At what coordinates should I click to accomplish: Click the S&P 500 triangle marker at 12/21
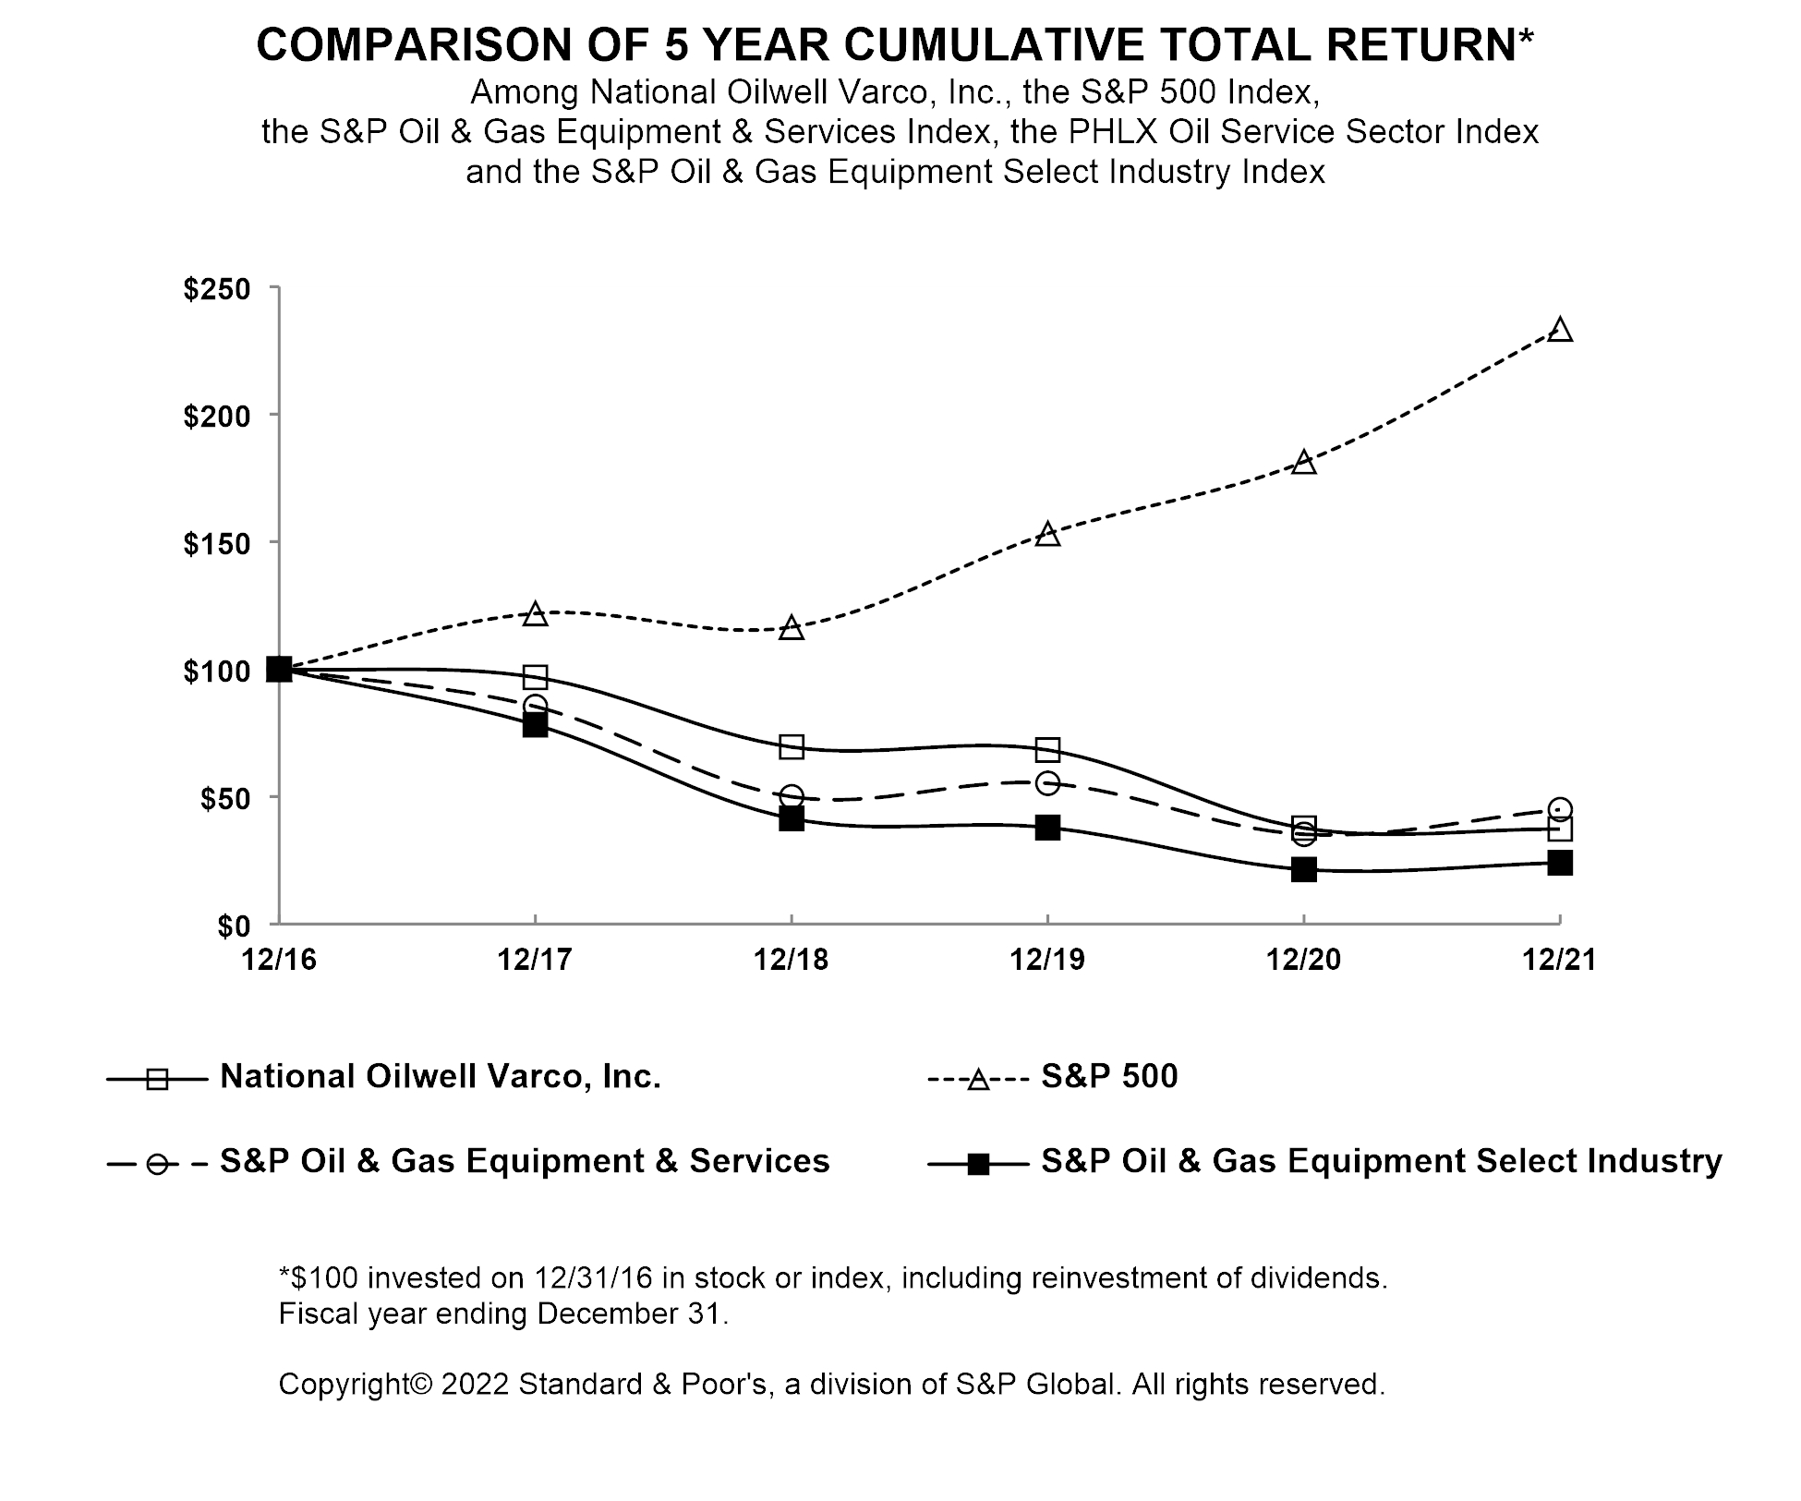click(x=1560, y=331)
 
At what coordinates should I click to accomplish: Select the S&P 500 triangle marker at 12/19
click(x=1047, y=535)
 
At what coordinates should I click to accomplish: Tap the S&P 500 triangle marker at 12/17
click(x=536, y=614)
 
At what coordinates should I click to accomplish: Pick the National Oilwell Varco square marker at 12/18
click(x=792, y=746)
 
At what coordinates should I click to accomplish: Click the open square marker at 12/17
click(x=536, y=677)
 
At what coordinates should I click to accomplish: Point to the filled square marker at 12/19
click(x=1047, y=827)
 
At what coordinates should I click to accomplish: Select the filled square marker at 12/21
click(x=1560, y=863)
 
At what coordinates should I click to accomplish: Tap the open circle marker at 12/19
click(x=1047, y=783)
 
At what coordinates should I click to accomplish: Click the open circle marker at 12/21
click(x=1560, y=809)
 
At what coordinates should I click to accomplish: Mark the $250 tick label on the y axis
click(x=217, y=290)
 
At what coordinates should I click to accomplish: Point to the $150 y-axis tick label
click(x=217, y=544)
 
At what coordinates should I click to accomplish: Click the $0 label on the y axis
click(x=234, y=926)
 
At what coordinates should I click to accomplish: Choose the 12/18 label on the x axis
click(x=792, y=961)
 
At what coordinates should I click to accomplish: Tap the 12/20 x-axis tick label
click(x=1303, y=961)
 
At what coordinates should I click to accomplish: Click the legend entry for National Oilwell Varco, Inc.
click(x=440, y=1077)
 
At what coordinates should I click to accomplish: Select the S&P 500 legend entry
click(x=1108, y=1077)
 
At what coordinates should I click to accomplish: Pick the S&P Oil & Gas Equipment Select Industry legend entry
click(x=1381, y=1161)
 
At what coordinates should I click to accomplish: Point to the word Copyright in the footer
click(x=356, y=1384)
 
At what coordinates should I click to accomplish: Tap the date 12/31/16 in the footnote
click(x=593, y=1278)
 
